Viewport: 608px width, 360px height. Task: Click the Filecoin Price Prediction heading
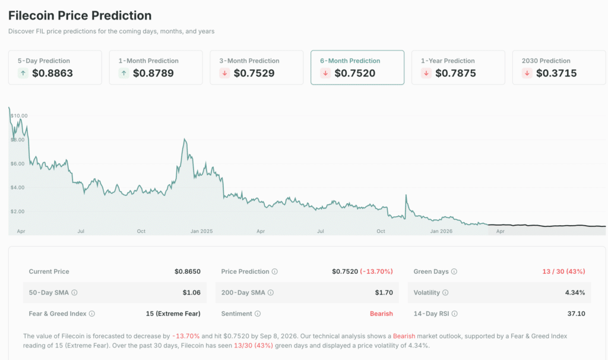click(80, 15)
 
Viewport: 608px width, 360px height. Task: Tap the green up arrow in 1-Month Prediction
click(123, 73)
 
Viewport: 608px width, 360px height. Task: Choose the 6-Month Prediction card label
click(350, 61)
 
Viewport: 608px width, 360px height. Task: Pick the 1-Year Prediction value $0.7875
click(455, 73)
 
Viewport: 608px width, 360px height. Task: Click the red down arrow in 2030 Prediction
click(527, 73)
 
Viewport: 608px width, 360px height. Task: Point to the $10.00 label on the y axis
click(19, 115)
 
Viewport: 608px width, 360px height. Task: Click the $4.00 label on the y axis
click(17, 187)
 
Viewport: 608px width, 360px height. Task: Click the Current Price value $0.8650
click(187, 271)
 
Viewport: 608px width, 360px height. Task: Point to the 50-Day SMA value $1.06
click(191, 292)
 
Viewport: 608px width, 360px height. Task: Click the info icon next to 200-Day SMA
click(271, 292)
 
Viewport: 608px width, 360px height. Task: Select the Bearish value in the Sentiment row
click(381, 313)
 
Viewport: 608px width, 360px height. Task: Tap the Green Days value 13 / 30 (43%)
click(563, 271)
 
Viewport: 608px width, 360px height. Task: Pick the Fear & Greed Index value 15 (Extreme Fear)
click(173, 313)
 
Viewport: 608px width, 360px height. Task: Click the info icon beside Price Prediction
click(274, 271)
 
